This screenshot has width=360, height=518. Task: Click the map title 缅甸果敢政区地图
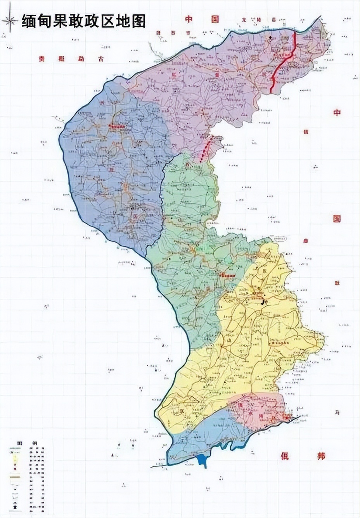pos(83,21)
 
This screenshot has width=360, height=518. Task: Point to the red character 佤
pos(285,456)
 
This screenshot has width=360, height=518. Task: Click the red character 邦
pos(320,456)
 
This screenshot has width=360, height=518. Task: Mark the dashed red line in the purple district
pos(206,149)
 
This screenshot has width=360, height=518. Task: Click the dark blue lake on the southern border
pos(202,460)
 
